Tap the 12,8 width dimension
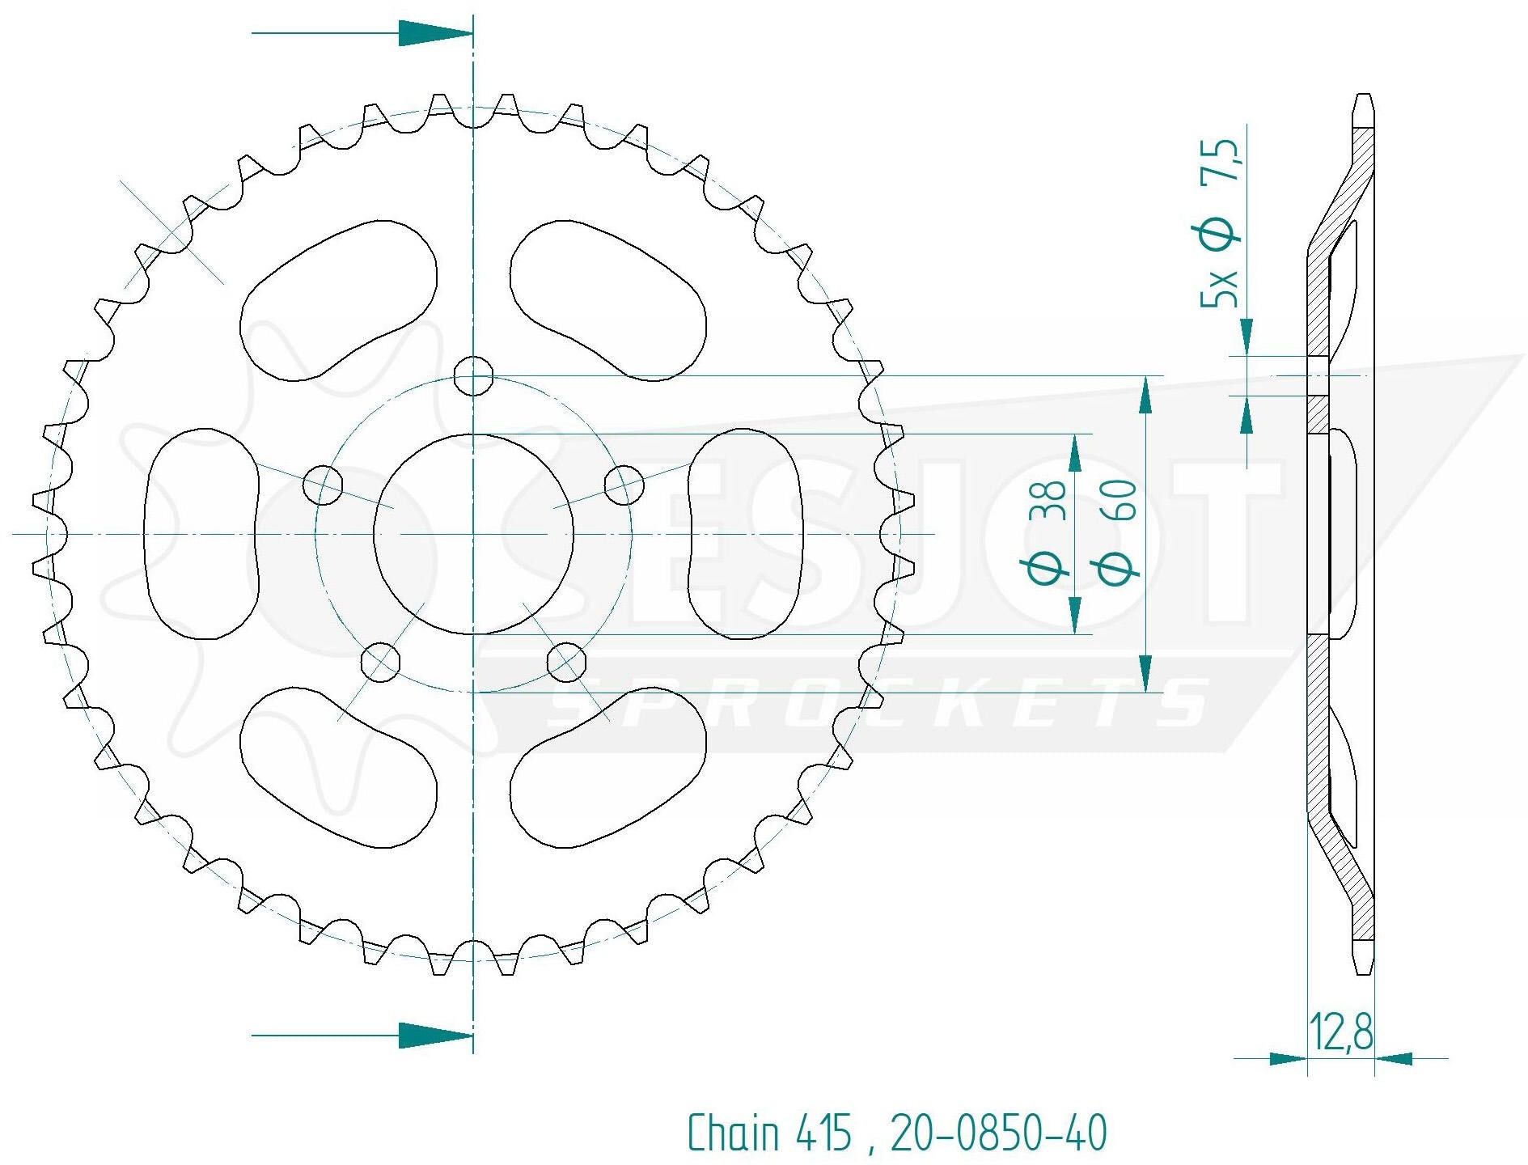pos(1340,1032)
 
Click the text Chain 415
pos(769,1132)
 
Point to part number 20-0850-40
pos(998,1132)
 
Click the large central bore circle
pos(473,534)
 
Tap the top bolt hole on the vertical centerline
pos(473,376)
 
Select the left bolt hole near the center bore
pos(323,485)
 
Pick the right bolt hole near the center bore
pos(624,485)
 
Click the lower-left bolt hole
pos(380,662)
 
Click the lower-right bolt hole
pos(566,662)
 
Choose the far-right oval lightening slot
pos(744,534)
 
